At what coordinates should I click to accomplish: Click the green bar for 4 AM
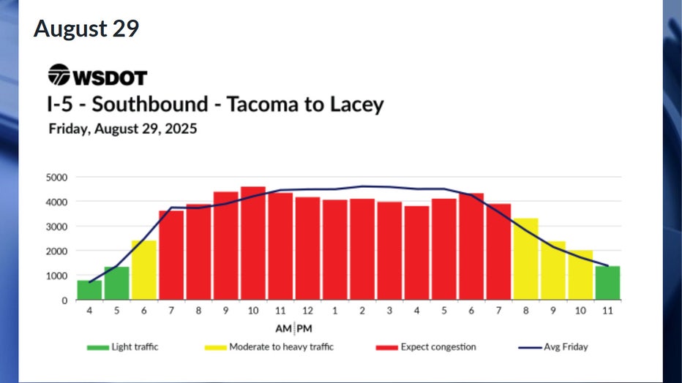tap(89, 289)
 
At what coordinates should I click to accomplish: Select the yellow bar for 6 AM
tap(143, 270)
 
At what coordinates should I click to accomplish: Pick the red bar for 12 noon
tap(307, 249)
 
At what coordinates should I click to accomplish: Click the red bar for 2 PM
tap(361, 249)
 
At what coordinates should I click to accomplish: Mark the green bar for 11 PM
tap(607, 283)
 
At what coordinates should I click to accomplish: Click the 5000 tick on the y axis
tap(56, 177)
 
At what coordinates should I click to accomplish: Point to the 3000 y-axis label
tap(56, 227)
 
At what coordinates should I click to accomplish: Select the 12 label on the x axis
tap(307, 310)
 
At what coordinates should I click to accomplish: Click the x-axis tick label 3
tap(389, 310)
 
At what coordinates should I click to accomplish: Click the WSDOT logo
tap(97, 75)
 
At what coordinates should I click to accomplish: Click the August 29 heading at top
tap(86, 29)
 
